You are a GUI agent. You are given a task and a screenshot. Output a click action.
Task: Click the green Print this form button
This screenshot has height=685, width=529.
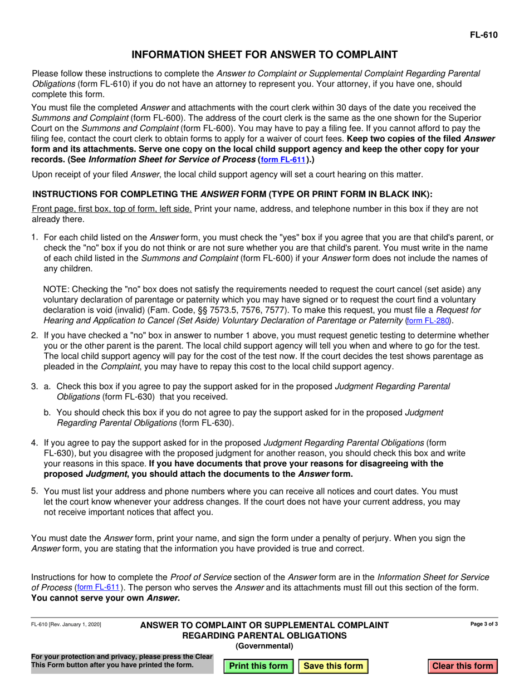click(258, 666)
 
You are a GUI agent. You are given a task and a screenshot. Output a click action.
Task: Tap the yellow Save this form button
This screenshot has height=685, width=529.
click(333, 666)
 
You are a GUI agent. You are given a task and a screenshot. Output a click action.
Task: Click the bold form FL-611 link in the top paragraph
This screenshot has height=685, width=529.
click(283, 159)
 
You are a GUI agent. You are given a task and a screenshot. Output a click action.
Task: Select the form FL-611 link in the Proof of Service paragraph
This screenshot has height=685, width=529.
click(97, 588)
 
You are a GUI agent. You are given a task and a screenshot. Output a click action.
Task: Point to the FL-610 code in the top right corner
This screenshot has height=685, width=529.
click(483, 35)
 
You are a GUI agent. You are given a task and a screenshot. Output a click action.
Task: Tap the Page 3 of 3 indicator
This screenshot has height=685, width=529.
click(484, 624)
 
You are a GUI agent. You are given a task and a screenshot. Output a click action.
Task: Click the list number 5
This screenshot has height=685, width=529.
click(35, 491)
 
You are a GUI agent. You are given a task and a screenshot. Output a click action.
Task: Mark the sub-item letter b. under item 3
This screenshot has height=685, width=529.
click(48, 413)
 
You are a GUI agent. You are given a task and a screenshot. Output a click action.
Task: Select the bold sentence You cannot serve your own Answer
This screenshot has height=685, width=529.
click(105, 598)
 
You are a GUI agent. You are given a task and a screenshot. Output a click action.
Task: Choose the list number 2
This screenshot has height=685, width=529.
click(35, 335)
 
